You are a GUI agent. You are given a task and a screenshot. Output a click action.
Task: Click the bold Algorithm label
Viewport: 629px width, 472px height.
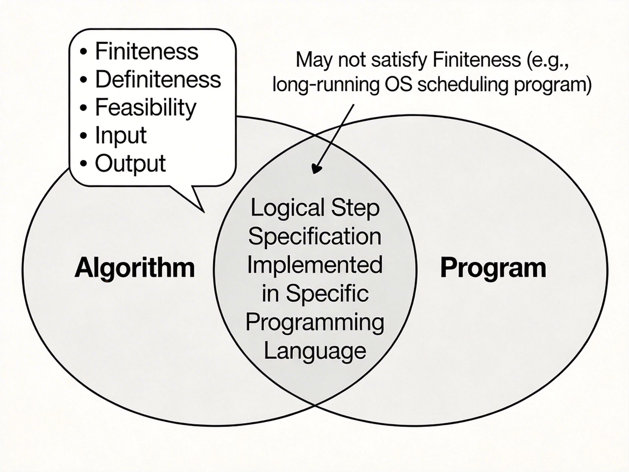[x=135, y=268]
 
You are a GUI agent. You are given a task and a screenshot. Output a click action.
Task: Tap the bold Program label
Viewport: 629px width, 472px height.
[x=493, y=268]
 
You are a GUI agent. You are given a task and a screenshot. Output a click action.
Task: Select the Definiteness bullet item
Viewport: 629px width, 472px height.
[x=158, y=79]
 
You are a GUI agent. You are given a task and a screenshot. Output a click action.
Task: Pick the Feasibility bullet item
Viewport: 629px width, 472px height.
[x=146, y=108]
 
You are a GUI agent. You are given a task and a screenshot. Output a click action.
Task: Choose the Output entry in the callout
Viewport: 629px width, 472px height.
[x=130, y=163]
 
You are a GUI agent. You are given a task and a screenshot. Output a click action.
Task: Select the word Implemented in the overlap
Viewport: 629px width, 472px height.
[x=315, y=265]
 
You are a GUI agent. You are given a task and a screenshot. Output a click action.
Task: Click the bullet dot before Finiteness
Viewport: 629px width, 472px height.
[x=83, y=52]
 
